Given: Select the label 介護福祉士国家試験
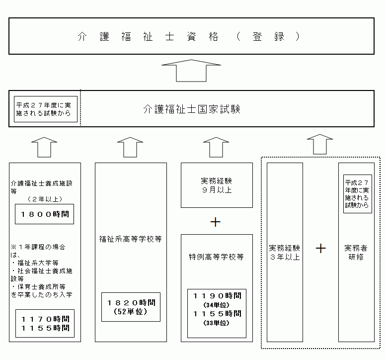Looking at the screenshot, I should click(191, 109).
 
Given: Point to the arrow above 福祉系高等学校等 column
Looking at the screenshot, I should click(130, 147).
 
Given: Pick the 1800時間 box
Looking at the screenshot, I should click(44, 214).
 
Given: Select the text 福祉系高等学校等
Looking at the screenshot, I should click(130, 239).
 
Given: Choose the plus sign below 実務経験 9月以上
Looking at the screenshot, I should click(216, 222).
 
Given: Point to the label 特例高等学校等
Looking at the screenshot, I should click(216, 257).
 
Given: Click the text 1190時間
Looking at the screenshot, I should click(217, 295).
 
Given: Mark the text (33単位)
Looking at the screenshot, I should click(217, 323).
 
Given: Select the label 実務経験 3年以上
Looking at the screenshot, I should click(285, 252).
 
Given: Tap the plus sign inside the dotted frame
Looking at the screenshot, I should click(321, 248).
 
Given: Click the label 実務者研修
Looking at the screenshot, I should click(356, 252).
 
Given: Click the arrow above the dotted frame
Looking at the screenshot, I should click(319, 144).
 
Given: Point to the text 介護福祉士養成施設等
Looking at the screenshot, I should click(41, 186).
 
